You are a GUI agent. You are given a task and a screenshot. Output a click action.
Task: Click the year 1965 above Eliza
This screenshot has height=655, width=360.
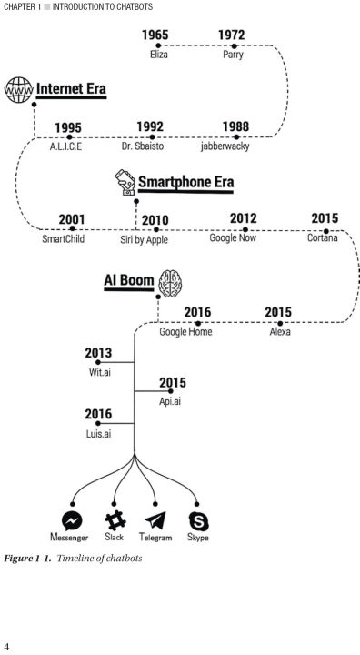pos(155,35)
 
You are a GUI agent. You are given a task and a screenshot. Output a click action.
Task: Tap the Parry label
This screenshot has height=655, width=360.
pos(233,55)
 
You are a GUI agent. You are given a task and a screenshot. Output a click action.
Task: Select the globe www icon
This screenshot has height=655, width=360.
pos(18,89)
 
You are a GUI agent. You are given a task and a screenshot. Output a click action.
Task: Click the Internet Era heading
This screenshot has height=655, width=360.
pos(71,89)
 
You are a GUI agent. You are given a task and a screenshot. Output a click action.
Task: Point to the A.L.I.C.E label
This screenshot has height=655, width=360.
pos(65,146)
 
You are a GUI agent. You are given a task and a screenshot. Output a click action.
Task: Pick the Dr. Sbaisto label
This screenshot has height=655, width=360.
pos(143,146)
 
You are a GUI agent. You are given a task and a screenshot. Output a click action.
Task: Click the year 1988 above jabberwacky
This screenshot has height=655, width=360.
pos(235,126)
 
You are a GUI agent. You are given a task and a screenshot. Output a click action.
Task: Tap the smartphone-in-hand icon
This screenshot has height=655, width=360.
pos(125,182)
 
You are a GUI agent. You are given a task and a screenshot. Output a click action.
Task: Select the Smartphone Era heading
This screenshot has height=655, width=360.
pos(185,182)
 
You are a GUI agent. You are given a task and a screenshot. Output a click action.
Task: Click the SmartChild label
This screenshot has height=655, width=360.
pos(63,239)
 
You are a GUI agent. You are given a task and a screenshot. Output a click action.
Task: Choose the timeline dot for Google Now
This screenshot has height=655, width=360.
pos(245,229)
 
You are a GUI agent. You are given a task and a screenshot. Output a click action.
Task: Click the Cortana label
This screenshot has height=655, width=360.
pos(323,238)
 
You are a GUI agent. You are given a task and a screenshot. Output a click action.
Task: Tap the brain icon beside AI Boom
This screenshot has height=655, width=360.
pos(170,283)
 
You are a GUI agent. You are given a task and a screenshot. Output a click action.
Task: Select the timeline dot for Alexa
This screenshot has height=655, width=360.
pos(280,323)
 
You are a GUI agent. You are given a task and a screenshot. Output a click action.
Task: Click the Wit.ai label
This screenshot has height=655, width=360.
pos(100,372)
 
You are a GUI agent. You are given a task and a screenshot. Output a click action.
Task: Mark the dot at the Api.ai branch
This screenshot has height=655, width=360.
pos(170,391)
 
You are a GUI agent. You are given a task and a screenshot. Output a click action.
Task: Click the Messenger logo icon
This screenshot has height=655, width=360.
pos(72,521)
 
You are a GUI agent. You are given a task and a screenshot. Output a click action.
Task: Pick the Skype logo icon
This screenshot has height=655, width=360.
pos(198,521)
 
